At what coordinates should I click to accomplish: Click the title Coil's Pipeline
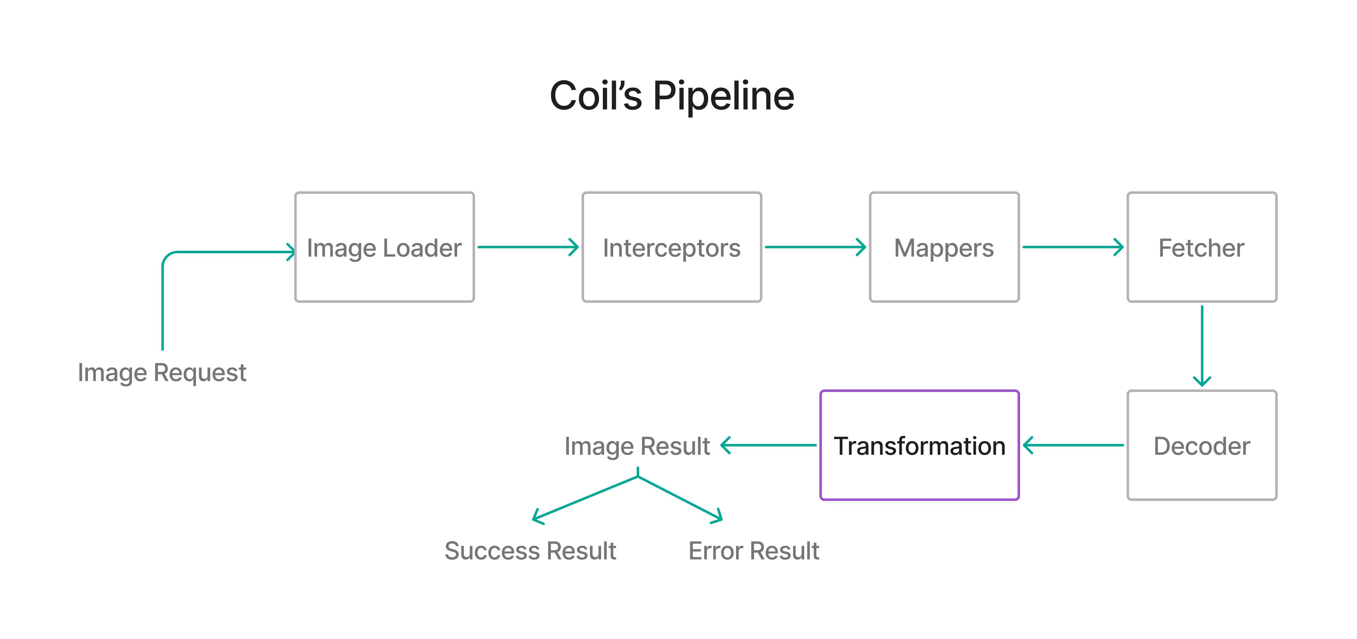pos(672,96)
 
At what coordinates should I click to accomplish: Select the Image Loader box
pos(384,247)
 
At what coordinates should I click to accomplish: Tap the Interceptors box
pos(672,247)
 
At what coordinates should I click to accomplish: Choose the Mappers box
pos(944,247)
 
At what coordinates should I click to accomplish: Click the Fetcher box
pos(1202,247)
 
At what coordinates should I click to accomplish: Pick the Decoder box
pos(1202,445)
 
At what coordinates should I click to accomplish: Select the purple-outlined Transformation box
pos(919,445)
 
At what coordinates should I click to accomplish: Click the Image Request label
pos(162,372)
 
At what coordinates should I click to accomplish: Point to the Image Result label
pos(637,446)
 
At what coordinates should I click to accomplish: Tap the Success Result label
pos(530,550)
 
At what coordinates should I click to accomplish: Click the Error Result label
pos(753,550)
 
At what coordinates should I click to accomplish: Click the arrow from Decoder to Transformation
pos(1073,445)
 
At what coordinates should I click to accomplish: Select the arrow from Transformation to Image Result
pos(768,445)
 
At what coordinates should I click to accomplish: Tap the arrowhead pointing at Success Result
pos(536,518)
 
